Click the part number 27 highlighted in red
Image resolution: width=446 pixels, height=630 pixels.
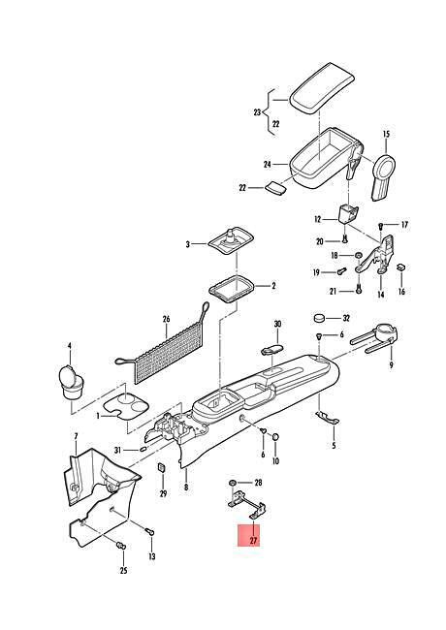(x=253, y=541)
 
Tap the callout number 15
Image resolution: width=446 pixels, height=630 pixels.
(x=386, y=134)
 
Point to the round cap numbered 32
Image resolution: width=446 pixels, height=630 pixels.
(x=319, y=318)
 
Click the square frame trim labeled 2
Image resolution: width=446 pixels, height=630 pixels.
(x=232, y=289)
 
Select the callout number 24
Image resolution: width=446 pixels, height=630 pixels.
(x=268, y=165)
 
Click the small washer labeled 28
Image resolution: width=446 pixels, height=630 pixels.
(x=233, y=482)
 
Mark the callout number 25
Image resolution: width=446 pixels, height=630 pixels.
(x=123, y=571)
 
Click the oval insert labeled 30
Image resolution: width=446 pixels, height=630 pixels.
(x=272, y=348)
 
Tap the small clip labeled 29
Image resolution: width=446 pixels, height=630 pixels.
(x=162, y=467)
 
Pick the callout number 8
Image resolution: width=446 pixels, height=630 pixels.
(x=185, y=488)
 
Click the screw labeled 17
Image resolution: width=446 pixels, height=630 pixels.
(x=381, y=226)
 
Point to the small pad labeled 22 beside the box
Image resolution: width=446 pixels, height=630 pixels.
(x=275, y=187)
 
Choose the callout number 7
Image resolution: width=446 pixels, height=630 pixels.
(x=76, y=436)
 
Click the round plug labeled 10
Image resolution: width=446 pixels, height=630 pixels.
(x=275, y=437)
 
